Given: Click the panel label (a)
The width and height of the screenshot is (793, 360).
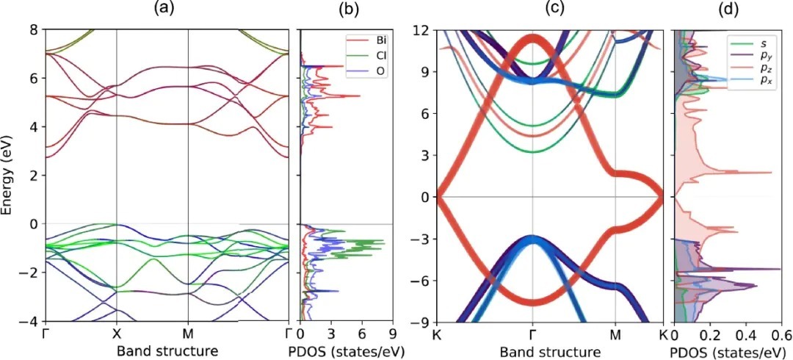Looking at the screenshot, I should [164, 10].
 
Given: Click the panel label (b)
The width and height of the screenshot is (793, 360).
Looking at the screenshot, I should [347, 10].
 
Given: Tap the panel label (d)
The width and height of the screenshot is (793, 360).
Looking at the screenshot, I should [725, 10].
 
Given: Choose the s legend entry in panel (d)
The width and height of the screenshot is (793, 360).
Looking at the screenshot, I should [754, 43].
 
